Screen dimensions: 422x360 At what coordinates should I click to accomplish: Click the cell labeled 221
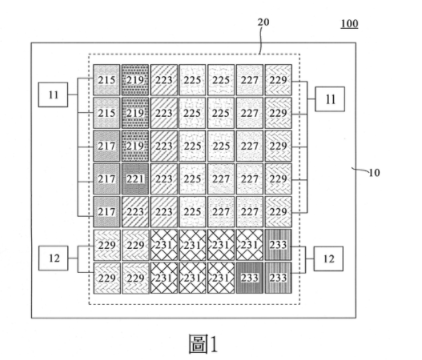(135, 178)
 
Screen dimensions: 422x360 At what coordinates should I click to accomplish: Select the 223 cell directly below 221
(135, 212)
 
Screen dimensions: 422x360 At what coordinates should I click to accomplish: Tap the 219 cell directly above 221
(135, 146)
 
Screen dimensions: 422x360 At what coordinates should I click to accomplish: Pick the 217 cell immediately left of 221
(107, 178)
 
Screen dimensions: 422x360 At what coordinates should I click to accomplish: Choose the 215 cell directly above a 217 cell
(107, 113)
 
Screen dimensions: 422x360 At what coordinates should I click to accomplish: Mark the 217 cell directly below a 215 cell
(107, 146)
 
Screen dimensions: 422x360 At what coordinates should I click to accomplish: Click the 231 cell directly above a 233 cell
(250, 245)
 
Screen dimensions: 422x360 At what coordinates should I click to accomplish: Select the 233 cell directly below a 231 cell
(250, 278)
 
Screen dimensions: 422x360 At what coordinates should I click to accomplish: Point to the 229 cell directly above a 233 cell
(279, 212)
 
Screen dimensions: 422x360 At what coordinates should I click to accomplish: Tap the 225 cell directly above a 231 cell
(192, 212)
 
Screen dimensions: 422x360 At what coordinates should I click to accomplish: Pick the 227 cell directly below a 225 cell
(221, 178)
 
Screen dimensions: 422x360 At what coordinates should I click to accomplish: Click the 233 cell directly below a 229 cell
(279, 245)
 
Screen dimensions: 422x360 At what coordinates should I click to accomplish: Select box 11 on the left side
(53, 94)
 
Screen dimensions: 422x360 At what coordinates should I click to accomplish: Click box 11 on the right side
(330, 99)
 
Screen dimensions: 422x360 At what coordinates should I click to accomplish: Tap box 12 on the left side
(54, 258)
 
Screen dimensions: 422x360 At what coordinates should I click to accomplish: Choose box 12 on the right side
(328, 258)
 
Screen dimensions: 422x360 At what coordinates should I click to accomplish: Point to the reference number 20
(263, 22)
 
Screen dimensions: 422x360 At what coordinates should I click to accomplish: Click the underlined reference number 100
(349, 24)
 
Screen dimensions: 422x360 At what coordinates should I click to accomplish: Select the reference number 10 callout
(374, 173)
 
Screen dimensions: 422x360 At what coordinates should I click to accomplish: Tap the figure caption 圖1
(203, 343)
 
